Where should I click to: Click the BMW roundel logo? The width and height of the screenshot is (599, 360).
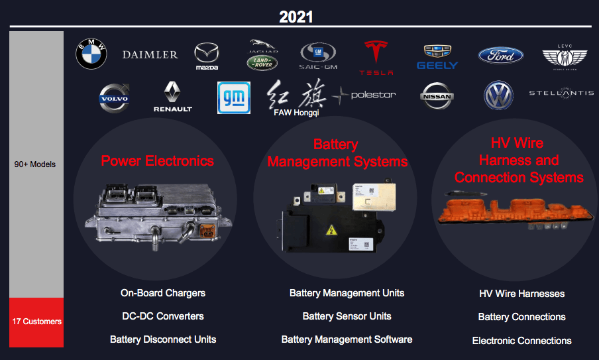click(x=91, y=54)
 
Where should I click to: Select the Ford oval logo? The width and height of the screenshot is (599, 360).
click(x=500, y=56)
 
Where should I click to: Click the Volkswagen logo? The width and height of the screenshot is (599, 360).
click(x=498, y=95)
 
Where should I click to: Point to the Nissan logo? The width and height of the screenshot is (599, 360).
click(x=437, y=96)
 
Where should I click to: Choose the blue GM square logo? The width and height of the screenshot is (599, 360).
click(x=234, y=97)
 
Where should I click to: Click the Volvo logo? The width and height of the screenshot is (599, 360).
click(x=113, y=97)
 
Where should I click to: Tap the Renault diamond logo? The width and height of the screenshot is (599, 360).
click(x=172, y=96)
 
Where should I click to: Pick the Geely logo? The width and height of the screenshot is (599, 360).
click(x=437, y=57)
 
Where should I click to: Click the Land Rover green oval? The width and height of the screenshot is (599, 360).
click(x=262, y=62)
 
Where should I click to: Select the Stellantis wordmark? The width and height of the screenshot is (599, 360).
click(x=561, y=93)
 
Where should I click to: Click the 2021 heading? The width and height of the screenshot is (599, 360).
click(x=296, y=17)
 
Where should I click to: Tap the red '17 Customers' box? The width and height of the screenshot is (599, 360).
click(x=36, y=322)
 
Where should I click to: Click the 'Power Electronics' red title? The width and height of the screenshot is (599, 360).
click(x=157, y=160)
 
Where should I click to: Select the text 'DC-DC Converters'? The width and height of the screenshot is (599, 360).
click(x=163, y=316)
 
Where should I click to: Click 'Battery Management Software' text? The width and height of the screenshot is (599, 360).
click(x=347, y=339)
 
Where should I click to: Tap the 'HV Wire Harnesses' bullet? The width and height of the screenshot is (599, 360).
click(x=521, y=294)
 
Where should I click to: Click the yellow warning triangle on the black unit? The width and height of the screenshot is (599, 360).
click(x=329, y=230)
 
